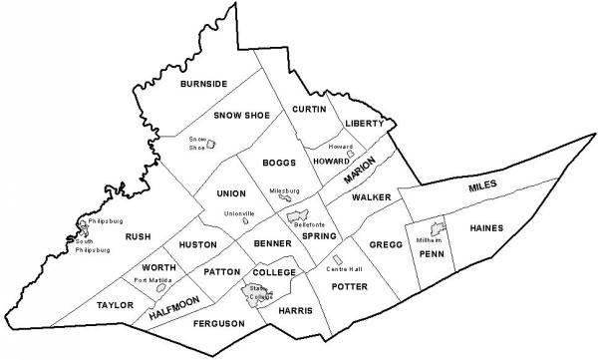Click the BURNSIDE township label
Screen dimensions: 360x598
coord(204,85)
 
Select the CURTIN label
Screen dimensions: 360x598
coord(310,108)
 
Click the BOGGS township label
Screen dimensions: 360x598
coord(276,162)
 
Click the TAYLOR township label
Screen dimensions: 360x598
coord(116,305)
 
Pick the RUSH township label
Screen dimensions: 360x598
coord(136,237)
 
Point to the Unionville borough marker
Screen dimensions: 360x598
coord(245,222)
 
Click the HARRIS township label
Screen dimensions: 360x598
coord(296,310)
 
